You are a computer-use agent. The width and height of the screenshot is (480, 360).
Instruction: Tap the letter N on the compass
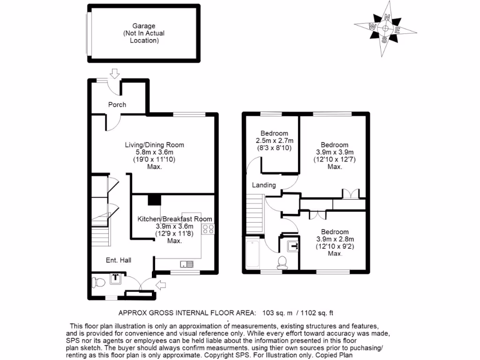click(x=387, y=17)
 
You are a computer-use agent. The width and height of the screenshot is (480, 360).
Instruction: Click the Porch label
click(x=117, y=105)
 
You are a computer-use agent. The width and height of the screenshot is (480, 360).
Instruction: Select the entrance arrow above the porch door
click(x=115, y=74)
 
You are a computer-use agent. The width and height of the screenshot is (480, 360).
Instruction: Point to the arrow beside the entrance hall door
click(x=161, y=285)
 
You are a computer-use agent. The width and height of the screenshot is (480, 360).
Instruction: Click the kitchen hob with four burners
click(x=208, y=229)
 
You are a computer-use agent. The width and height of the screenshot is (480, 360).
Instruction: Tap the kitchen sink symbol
click(x=187, y=264)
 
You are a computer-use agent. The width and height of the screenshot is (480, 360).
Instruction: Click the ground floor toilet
click(x=98, y=282)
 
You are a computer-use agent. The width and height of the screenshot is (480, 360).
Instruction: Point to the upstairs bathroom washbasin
click(x=292, y=246)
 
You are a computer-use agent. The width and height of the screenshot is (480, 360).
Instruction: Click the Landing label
click(x=264, y=185)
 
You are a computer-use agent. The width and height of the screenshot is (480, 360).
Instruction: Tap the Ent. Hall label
click(x=119, y=260)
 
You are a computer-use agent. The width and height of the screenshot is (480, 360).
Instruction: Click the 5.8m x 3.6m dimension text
click(x=155, y=152)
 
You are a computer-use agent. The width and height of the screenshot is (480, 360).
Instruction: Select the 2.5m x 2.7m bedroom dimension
click(x=275, y=141)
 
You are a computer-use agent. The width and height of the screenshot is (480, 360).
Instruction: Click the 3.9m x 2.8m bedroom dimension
click(x=335, y=239)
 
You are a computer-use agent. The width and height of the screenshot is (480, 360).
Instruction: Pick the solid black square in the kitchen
click(x=155, y=200)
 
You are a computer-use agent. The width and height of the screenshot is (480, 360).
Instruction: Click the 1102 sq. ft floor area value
click(x=317, y=313)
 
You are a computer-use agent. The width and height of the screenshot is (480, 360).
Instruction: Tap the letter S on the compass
click(x=384, y=39)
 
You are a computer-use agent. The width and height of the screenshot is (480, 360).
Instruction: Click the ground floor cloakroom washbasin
click(x=116, y=278)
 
